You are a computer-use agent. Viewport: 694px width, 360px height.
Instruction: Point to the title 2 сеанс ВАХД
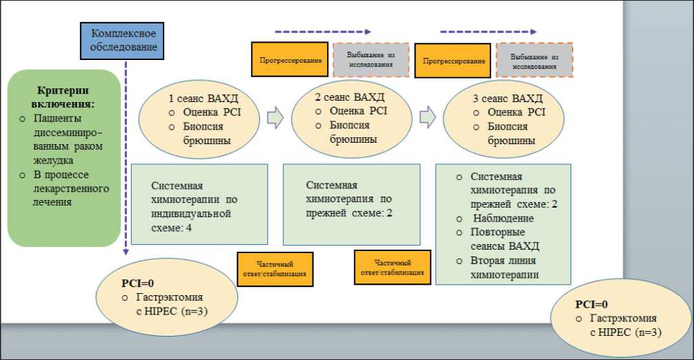click(x=349, y=97)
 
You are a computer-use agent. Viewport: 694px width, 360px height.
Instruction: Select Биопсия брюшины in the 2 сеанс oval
click(x=354, y=132)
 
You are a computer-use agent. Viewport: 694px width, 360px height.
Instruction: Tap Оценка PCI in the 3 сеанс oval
click(x=516, y=112)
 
